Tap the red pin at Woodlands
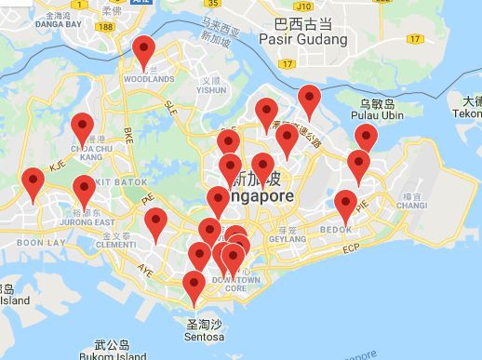tap(144, 52)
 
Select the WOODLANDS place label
tap(150, 79)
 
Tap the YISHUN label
tap(211, 91)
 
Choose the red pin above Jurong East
tap(84, 192)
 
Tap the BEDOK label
tap(336, 229)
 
